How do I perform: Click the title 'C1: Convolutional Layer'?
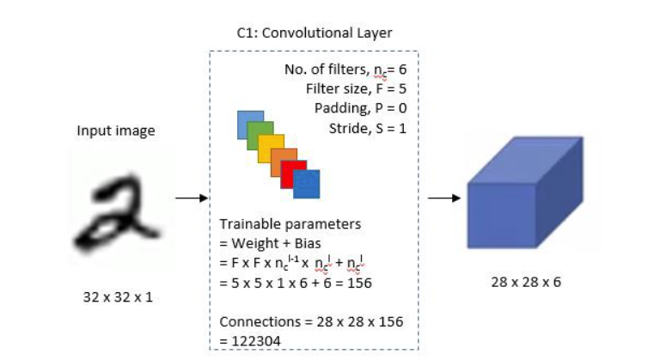click(315, 34)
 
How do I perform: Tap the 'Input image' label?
click(116, 131)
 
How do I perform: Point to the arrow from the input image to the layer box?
click(191, 198)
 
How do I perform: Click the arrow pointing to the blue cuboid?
click(443, 198)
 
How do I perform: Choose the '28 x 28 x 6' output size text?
click(525, 281)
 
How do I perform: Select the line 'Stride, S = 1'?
click(367, 129)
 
